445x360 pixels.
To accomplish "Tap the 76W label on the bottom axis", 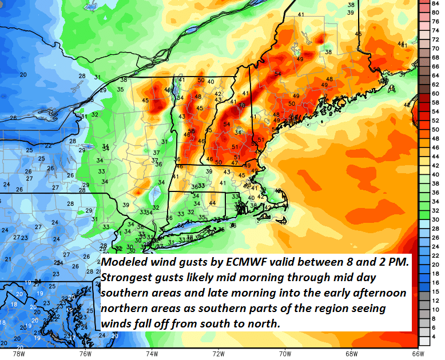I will pyautogui.click(x=85, y=353).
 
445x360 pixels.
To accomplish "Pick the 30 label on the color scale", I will pyautogui.click(x=435, y=219).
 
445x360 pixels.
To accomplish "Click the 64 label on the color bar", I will pyautogui.click(x=435, y=75).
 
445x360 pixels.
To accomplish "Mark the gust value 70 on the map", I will pyautogui.click(x=242, y=106).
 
